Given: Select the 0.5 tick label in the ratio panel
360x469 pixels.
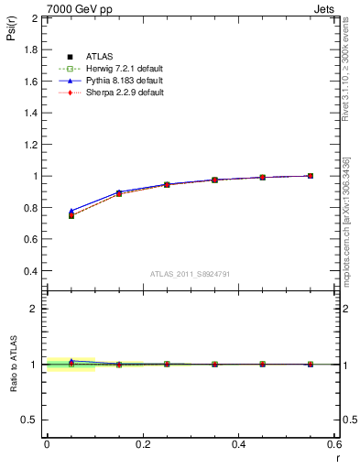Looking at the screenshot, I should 31,420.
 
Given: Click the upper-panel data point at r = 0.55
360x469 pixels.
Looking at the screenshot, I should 311,176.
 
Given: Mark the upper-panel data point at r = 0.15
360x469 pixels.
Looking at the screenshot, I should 119,193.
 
